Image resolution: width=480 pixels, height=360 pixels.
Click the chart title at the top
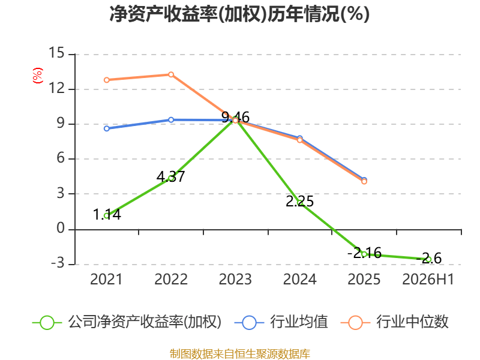coord(239,14)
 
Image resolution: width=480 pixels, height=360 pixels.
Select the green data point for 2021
coord(107,216)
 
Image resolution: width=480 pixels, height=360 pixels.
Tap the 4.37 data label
coord(170,176)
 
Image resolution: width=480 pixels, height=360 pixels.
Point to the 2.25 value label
coord(299,201)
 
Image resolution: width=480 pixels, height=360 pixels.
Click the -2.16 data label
coord(364,253)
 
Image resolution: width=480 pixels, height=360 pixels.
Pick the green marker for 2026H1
coord(428,259)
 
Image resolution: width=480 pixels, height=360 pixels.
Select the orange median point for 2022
coord(171,74)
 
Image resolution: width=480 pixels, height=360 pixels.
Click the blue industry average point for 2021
coord(107,128)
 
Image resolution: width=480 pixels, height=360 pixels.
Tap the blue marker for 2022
coord(171,119)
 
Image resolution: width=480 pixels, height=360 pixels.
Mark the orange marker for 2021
coord(107,80)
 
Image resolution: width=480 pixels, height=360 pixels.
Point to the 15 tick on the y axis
coord(56,53)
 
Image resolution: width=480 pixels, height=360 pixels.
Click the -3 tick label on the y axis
coord(58,263)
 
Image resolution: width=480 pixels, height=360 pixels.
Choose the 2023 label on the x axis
coord(235,279)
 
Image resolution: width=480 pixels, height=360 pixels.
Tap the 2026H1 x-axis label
coord(428,279)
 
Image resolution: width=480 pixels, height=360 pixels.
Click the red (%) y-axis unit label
coord(38,76)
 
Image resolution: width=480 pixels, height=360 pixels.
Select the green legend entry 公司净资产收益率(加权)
coord(127,322)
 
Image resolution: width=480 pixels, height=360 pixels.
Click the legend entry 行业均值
coord(281,322)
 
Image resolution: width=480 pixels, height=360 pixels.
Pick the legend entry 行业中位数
coord(395,322)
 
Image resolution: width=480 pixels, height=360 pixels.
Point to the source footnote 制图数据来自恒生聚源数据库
coord(239,354)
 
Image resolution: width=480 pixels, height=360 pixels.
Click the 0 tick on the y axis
coord(61,229)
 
